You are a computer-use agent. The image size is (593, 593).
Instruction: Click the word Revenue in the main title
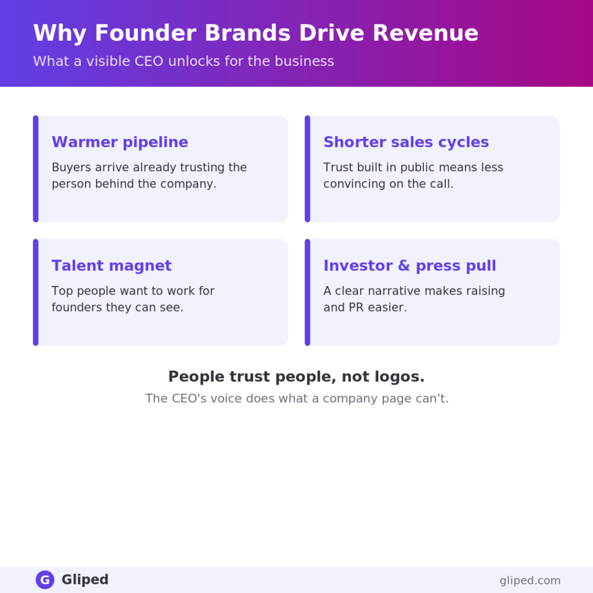426,33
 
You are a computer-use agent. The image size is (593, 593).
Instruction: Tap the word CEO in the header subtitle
149,61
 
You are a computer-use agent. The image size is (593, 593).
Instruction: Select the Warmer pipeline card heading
120,142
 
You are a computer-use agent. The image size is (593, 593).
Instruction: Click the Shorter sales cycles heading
406,142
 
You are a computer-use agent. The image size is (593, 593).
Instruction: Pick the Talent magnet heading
112,265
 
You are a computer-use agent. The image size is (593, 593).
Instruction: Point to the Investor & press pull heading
409,266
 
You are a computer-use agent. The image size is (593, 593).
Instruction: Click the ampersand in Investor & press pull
404,265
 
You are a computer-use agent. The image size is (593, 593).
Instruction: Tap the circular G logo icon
45,580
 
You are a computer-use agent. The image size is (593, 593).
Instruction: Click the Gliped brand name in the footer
85,579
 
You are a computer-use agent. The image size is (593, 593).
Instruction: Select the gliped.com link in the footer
530,580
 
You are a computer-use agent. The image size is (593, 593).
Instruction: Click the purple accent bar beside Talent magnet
35,292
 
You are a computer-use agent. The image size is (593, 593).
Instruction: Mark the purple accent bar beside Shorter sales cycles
308,169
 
